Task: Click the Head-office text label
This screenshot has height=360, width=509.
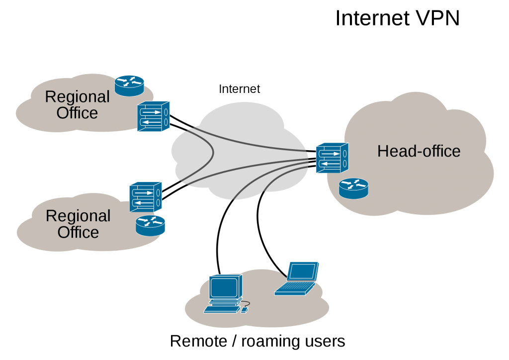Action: (419, 151)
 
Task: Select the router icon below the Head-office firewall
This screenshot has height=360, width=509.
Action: (353, 189)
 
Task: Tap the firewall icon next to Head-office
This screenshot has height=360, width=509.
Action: (332, 158)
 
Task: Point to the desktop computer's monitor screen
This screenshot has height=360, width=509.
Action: (224, 287)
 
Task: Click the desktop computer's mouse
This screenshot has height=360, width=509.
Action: (244, 310)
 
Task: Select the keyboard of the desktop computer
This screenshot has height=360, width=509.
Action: (221, 309)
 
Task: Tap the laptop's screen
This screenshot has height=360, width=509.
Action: (302, 271)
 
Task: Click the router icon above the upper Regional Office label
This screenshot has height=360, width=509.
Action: (129, 86)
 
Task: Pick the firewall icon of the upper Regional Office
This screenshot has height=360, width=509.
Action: (153, 116)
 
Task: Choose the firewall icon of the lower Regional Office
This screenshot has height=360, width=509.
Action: (146, 197)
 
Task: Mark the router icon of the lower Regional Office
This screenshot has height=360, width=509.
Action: (150, 225)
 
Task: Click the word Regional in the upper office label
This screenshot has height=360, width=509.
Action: (77, 97)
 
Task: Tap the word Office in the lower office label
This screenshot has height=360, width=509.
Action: (78, 232)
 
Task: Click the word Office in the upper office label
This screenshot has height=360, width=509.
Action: (77, 113)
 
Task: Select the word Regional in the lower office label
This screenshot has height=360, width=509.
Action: (78, 216)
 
